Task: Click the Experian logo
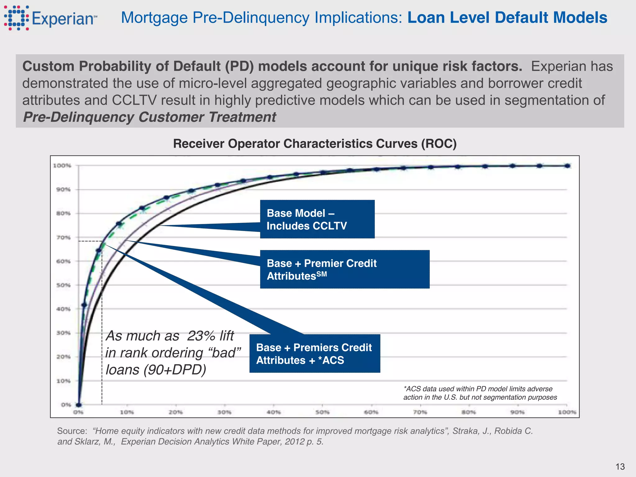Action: pos(50,18)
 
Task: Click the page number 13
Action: pos(620,466)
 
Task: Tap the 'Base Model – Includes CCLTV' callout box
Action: pos(317,219)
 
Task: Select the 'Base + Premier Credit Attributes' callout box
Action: pos(345,269)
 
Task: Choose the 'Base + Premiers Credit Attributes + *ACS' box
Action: pos(315,353)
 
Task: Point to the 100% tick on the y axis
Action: pos(62,166)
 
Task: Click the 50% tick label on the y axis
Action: pos(63,285)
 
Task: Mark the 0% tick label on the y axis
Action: pos(66,405)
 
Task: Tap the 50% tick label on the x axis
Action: pos(322,412)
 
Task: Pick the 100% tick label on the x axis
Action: pos(567,412)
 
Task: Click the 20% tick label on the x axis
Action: pos(176,412)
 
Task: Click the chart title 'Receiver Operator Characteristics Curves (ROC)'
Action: pos(315,144)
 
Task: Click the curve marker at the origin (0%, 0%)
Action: pos(79,405)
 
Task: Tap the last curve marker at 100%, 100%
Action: pos(567,166)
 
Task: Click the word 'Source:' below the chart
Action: pos(72,431)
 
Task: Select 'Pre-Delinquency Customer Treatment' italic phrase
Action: pos(149,117)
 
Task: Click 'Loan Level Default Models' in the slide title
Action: pos(507,18)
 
